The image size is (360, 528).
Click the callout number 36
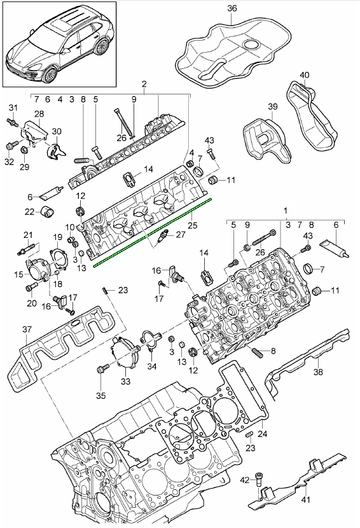(x=232, y=8)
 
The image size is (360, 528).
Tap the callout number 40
(x=304, y=75)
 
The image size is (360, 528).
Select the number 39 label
(x=273, y=106)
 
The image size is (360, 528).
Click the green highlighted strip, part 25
(x=153, y=233)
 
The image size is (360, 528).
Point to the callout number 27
(x=181, y=234)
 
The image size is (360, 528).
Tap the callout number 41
(x=305, y=499)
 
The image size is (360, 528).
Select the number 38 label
(x=318, y=372)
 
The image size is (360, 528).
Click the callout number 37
(x=27, y=329)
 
